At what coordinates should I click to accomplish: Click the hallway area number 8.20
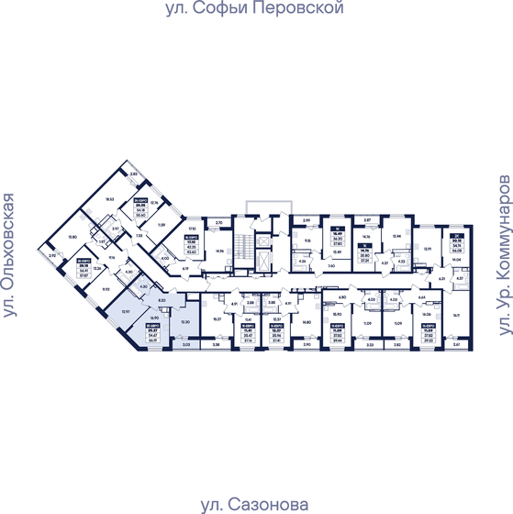(x=162, y=300)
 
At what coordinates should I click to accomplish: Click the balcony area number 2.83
(x=132, y=174)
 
